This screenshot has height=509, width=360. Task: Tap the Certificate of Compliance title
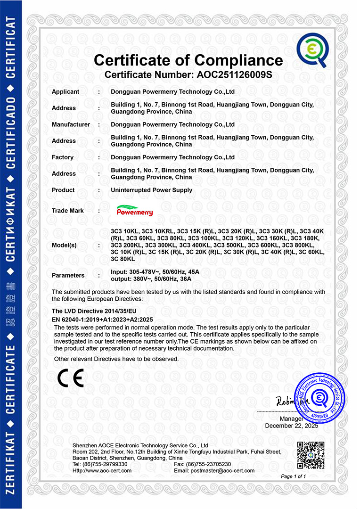[188, 60]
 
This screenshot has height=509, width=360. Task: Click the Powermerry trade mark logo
[135, 211]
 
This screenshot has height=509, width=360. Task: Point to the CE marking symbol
[70, 378]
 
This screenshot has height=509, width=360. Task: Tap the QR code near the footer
[311, 455]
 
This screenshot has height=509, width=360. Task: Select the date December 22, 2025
[292, 426]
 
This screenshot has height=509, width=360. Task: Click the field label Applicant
[65, 91]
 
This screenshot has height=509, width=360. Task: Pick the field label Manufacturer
[71, 124]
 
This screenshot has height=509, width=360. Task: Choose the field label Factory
[63, 157]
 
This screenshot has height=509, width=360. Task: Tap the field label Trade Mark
[68, 211]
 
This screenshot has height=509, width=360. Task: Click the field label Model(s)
[64, 245]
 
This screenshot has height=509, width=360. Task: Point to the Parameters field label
[68, 275]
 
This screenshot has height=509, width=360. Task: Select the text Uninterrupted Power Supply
[151, 190]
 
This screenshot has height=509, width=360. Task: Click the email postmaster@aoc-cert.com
[214, 470]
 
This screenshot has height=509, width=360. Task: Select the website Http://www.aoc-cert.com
[102, 470]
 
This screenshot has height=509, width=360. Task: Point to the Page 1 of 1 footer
[294, 476]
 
